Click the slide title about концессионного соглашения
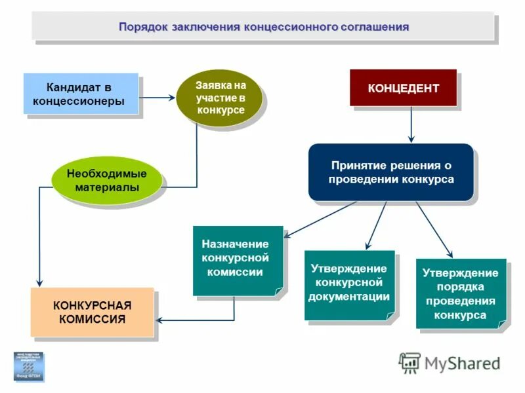[x=263, y=28]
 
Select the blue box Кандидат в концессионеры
[x=81, y=94]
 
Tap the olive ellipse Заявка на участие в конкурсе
[x=220, y=98]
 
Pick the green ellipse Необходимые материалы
[x=106, y=180]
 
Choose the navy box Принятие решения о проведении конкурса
[x=391, y=172]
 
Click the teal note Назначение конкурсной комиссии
[x=238, y=259]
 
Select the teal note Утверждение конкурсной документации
[x=349, y=284]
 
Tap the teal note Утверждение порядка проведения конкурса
[x=460, y=293]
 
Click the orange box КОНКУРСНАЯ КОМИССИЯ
[x=92, y=312]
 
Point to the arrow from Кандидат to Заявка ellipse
[x=157, y=98]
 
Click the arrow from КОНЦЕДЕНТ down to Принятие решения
[x=411, y=124]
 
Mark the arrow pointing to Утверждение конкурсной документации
[x=375, y=226]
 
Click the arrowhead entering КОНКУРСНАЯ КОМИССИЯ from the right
[x=159, y=320]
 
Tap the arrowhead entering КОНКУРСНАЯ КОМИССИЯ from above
[x=40, y=282]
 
